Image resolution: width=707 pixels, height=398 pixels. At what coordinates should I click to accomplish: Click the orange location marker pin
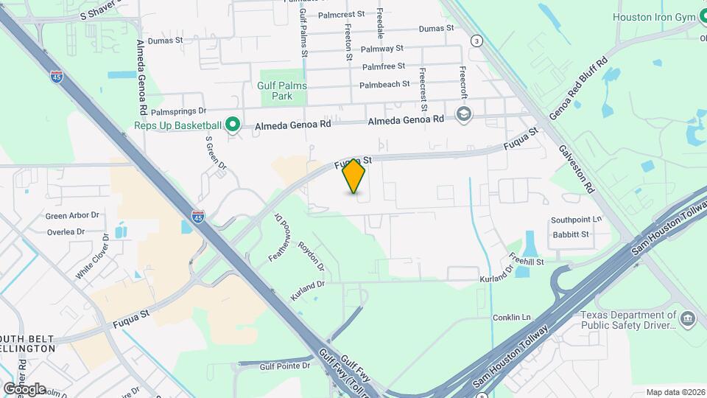tap(354, 176)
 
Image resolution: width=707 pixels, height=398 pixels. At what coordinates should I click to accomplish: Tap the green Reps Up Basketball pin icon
tap(233, 125)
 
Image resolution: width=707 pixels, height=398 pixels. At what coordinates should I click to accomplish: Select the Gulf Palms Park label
tap(282, 91)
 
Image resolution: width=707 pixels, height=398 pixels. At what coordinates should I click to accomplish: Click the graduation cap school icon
tap(463, 114)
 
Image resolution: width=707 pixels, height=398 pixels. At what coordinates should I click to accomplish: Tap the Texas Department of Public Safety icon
tap(688, 318)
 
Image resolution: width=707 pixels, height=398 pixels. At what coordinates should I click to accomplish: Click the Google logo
tap(24, 388)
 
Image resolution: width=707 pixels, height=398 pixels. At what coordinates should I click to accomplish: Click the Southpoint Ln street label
tap(577, 220)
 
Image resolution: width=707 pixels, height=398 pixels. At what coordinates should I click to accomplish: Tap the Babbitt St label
tap(571, 235)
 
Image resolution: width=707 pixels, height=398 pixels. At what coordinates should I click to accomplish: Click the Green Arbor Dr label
tap(72, 216)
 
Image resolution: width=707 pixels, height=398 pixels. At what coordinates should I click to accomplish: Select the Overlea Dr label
tap(66, 231)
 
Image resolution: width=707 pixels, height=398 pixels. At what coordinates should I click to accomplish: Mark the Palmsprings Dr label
tap(177, 112)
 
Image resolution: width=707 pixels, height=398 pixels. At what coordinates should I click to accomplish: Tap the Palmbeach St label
tap(384, 85)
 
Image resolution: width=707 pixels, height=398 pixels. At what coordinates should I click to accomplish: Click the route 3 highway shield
tap(477, 41)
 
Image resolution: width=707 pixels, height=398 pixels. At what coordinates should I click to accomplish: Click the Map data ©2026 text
tap(675, 392)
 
